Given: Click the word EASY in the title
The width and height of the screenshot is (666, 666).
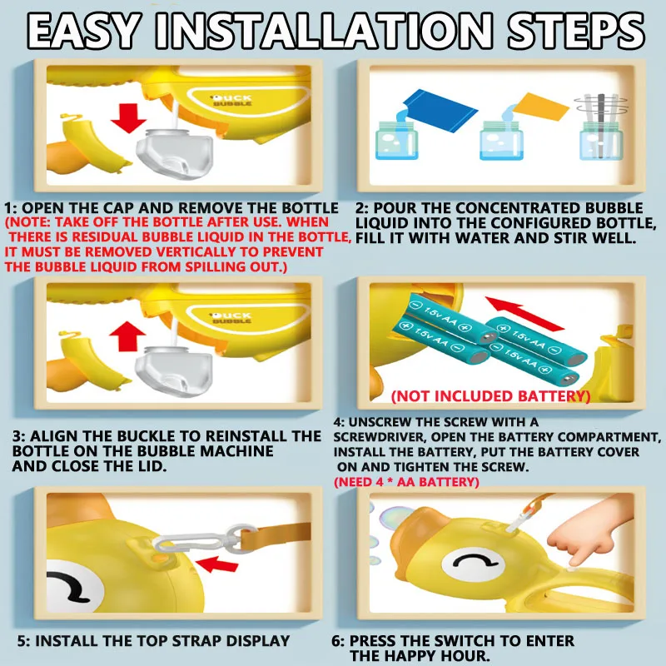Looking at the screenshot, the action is coord(85,31).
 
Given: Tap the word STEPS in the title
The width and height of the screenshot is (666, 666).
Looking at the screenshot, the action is coord(575,31).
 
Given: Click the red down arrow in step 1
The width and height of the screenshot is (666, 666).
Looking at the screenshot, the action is coord(129,118).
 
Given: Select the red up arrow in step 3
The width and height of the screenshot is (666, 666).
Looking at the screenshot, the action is coord(127,336).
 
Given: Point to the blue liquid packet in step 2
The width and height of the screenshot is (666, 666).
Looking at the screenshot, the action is coord(440,110).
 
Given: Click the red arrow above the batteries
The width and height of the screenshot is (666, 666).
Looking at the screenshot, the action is coord(524,314).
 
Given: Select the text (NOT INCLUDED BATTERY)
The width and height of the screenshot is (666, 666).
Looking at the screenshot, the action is coord(490,396).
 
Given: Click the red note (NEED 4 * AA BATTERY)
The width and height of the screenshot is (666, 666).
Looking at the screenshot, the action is coord(406,482).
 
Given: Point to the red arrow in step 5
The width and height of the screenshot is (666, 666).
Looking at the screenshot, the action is coord(217,564).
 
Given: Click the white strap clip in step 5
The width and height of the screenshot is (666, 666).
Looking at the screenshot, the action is coord(203,540).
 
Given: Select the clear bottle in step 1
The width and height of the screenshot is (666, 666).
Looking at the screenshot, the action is coord(175,153).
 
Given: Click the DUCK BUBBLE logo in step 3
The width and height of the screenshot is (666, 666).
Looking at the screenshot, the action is coord(231,318).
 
